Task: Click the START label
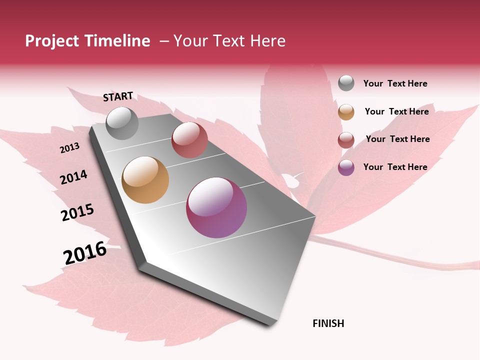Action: (x=118, y=96)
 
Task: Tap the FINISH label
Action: (x=328, y=323)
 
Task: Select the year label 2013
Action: (x=70, y=148)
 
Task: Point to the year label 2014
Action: (x=73, y=177)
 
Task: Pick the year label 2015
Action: (x=77, y=212)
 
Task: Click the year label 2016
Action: (x=85, y=253)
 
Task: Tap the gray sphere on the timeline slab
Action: (x=122, y=123)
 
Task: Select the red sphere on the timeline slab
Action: (x=189, y=140)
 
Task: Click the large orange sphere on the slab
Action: (x=145, y=180)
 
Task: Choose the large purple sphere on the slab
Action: (x=216, y=207)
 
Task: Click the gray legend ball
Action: (x=346, y=83)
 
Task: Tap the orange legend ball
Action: (x=346, y=112)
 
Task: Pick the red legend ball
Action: (x=346, y=140)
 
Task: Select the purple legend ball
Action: (x=346, y=167)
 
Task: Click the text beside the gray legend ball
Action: (x=395, y=83)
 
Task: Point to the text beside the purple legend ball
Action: (x=395, y=167)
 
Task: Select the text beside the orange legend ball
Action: (x=396, y=111)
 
